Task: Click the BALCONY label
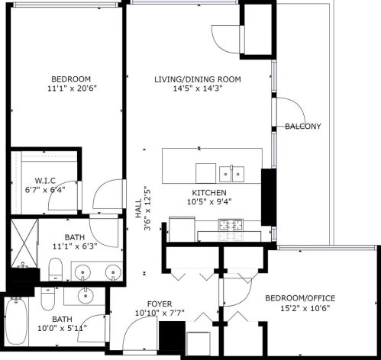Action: [302, 127]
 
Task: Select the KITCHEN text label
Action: [209, 191]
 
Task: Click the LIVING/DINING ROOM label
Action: [197, 79]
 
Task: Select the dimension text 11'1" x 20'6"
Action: [71, 88]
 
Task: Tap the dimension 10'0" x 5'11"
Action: [62, 329]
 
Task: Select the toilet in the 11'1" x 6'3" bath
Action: [55, 268]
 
